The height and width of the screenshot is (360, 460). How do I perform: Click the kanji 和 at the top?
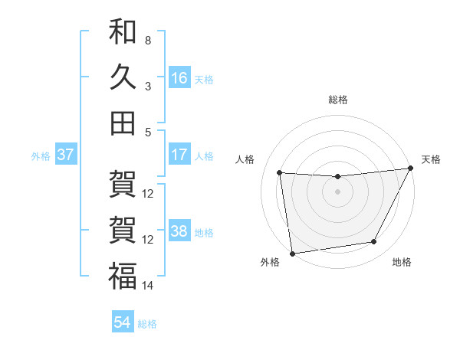(x=123, y=32)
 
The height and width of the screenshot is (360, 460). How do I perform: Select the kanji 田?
(x=123, y=123)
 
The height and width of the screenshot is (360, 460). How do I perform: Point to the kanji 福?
(x=123, y=277)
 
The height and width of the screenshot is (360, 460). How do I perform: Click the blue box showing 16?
(x=179, y=77)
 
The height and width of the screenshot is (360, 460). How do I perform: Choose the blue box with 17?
(x=179, y=155)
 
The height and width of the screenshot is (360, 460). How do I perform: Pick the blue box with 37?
(x=66, y=155)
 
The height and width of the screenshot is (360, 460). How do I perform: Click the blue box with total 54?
(x=123, y=322)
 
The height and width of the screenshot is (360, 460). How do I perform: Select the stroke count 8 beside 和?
(x=148, y=40)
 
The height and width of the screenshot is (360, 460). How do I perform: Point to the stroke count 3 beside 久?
(x=148, y=86)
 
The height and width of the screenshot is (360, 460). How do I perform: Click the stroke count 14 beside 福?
(x=148, y=286)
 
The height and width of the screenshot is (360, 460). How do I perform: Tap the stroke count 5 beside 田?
(x=148, y=131)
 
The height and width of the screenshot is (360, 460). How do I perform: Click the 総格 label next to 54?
(x=148, y=324)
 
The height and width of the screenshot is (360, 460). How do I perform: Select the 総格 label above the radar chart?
(x=337, y=100)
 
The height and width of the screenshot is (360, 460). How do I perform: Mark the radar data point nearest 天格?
(x=410, y=169)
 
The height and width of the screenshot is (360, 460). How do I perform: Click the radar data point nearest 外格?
(x=292, y=253)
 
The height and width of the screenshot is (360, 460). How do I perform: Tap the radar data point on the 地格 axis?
(x=374, y=242)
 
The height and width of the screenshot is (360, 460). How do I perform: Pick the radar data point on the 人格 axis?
(x=280, y=173)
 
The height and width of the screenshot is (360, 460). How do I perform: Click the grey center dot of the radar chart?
(x=337, y=191)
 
